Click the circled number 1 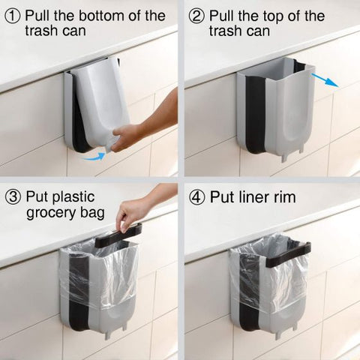tap(10, 16)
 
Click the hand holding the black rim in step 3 tap(132, 214)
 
